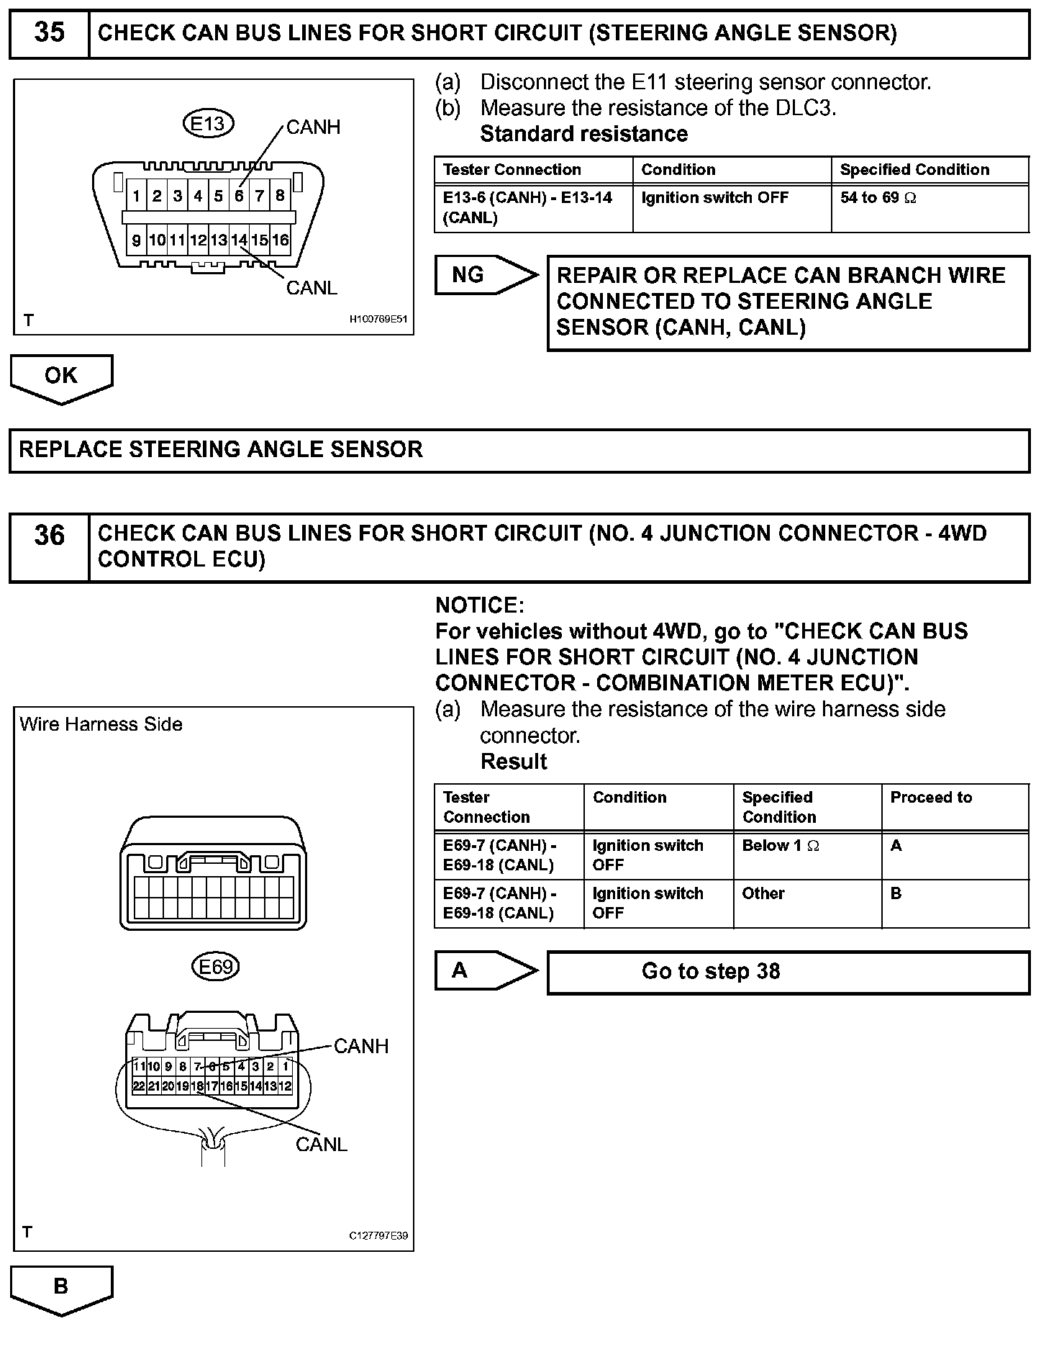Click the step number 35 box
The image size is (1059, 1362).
coord(49,33)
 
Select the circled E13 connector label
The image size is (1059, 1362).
coord(208,124)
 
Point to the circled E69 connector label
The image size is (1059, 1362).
coord(215,967)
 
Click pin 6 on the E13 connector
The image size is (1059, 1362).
coord(239,195)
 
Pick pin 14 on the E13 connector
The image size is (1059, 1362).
coord(239,240)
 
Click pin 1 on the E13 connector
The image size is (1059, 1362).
coord(136,195)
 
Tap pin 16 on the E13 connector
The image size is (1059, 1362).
coord(280,240)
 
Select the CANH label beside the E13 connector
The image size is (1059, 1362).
coord(313,127)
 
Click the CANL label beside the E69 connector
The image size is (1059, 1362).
coord(321,1144)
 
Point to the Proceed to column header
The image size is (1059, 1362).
coord(931,798)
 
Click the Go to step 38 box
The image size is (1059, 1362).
coord(788,972)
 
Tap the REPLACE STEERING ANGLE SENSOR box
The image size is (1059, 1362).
coord(518,450)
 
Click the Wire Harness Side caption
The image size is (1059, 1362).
coord(101,724)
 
